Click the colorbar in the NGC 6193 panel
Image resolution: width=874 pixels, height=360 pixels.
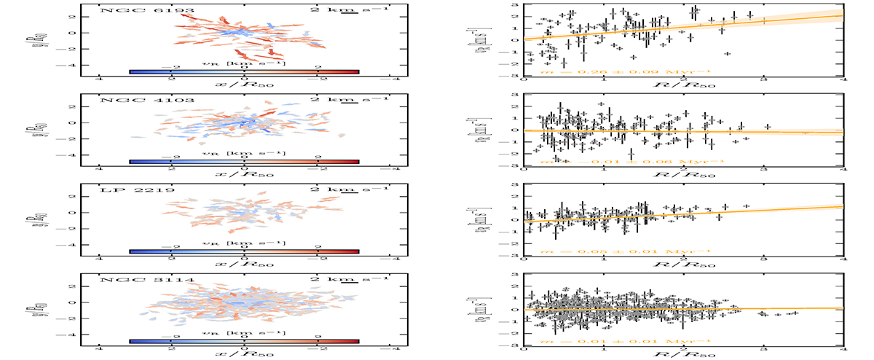point(245,71)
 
